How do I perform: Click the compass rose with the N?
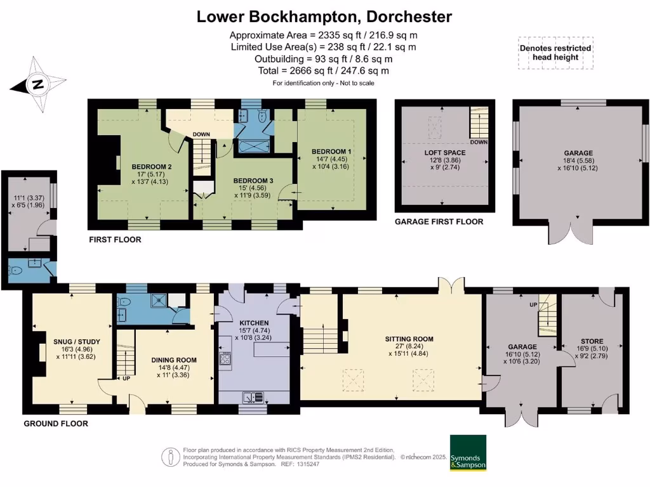[x=38, y=85]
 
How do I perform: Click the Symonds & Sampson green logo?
[x=468, y=453]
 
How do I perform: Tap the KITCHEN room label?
[x=254, y=323]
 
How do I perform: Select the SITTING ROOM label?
[x=409, y=339]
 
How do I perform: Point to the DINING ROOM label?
[x=174, y=360]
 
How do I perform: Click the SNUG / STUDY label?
[x=77, y=342]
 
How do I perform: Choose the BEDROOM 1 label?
[x=331, y=152]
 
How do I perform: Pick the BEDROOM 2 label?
[x=152, y=167]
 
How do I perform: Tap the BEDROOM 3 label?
[x=253, y=181]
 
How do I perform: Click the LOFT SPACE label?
[x=445, y=153]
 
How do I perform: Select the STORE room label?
[x=592, y=341]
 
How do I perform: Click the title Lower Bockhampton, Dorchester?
[x=324, y=16]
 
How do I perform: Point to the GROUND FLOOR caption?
[x=56, y=424]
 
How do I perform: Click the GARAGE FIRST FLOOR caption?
[x=439, y=221]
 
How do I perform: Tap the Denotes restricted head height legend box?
[x=555, y=53]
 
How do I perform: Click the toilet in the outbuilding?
[x=15, y=270]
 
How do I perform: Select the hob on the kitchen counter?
[x=225, y=358]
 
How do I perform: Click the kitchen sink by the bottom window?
[x=253, y=397]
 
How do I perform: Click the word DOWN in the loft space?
[x=479, y=142]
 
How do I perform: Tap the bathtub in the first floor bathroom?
[x=254, y=146]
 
